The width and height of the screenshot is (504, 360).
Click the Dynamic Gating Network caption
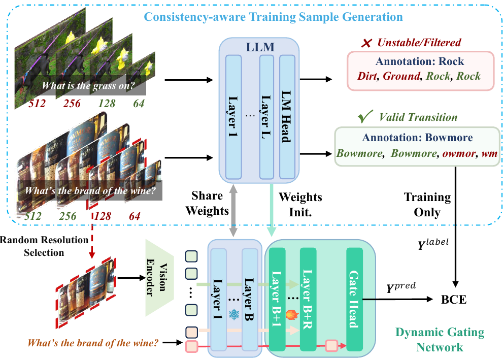point(440,340)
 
